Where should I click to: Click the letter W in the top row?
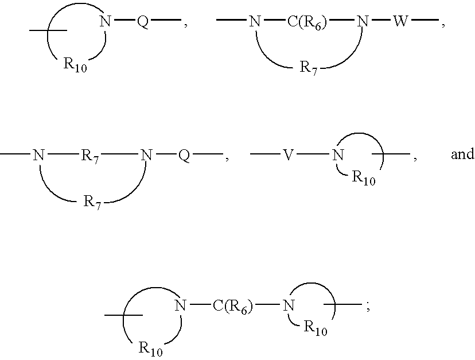coord(400,22)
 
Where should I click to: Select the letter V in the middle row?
coord(289,155)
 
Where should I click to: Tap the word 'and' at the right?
coord(462,154)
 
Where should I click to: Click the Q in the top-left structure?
coord(143,22)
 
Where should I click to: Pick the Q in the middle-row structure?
coord(184,156)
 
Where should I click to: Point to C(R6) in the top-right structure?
coord(307,23)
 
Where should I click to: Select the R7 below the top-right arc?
coord(309,67)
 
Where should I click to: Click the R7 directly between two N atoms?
coord(90,156)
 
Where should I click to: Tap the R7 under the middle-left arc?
coord(92,202)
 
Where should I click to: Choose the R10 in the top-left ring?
coord(75,65)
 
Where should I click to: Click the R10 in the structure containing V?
coord(364,178)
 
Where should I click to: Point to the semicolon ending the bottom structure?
coord(368,308)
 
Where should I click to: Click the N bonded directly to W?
coord(363,22)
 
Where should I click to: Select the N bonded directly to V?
coord(338,155)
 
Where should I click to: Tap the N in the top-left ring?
coord(105,22)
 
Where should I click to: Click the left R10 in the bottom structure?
coord(150,349)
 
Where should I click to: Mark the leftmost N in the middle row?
coord(38,155)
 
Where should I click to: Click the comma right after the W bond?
coord(443,25)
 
